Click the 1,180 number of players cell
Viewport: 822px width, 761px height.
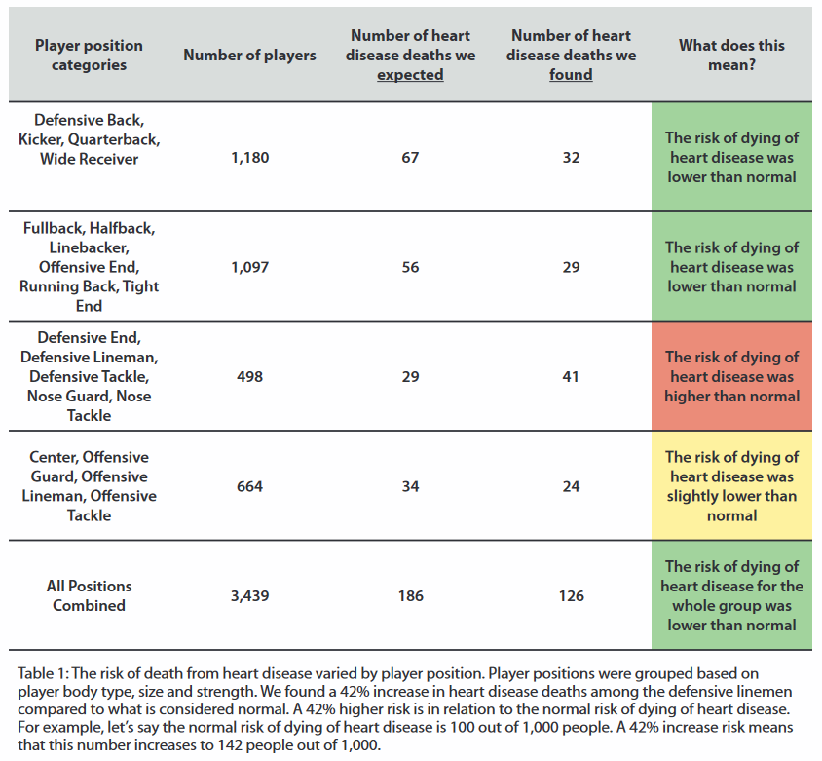tap(250, 158)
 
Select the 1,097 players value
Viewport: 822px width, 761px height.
tap(250, 268)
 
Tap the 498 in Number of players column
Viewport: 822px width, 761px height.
tap(249, 376)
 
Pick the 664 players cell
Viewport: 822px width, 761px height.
tap(249, 486)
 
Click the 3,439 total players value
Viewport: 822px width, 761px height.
tap(250, 595)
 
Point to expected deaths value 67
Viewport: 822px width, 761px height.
tap(410, 158)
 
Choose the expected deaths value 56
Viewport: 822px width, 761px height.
tap(410, 268)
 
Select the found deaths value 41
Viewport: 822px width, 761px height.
tap(571, 376)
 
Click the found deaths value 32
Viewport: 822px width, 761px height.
tap(571, 158)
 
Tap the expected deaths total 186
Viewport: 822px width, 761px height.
tap(410, 595)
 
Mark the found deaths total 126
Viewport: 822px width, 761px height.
tap(571, 595)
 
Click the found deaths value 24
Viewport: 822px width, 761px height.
tap(571, 486)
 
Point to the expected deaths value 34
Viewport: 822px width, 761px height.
tap(410, 486)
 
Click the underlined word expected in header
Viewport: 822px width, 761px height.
tap(410, 75)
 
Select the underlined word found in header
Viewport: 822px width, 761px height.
tap(571, 75)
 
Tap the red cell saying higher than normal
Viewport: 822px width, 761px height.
tap(731, 376)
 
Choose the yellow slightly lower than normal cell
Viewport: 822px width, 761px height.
tap(731, 485)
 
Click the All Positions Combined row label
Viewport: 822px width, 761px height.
tap(90, 595)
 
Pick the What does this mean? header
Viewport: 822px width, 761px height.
tap(731, 56)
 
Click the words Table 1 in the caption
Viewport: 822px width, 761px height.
tap(43, 673)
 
